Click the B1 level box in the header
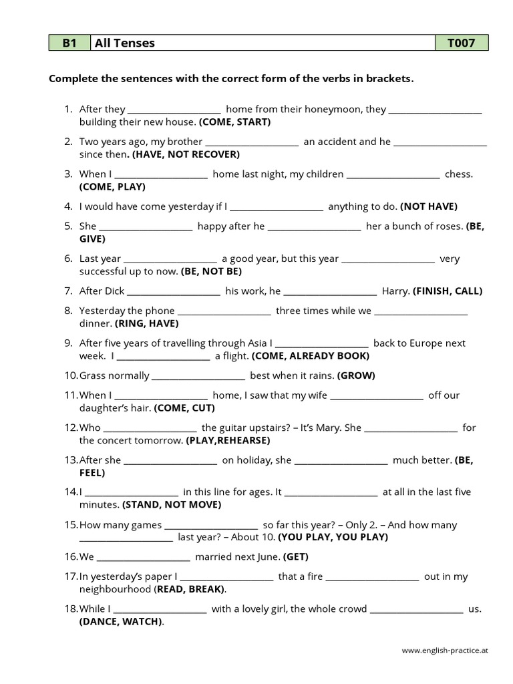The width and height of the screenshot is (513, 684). click(x=69, y=43)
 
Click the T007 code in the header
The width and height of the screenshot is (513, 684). click(x=461, y=43)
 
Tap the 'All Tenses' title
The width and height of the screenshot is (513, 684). click(x=125, y=43)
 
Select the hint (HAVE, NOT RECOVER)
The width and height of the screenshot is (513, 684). click(x=186, y=154)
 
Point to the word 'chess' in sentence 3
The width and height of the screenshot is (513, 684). click(x=458, y=174)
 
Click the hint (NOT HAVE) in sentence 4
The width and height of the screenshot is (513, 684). click(x=430, y=206)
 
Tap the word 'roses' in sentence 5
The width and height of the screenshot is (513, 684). click(x=448, y=226)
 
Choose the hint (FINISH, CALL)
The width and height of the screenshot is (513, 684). click(x=448, y=291)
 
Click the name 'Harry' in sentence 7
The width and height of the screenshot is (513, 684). click(x=395, y=291)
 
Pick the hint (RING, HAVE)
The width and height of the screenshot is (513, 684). click(x=147, y=323)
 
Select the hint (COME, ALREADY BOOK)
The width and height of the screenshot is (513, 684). click(x=310, y=356)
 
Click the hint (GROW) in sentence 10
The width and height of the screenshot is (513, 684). click(x=356, y=375)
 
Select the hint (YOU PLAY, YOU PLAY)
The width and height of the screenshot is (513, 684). click(x=333, y=537)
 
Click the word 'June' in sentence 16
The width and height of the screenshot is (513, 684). click(x=267, y=556)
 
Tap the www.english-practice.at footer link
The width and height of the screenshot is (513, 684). click(x=445, y=649)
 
